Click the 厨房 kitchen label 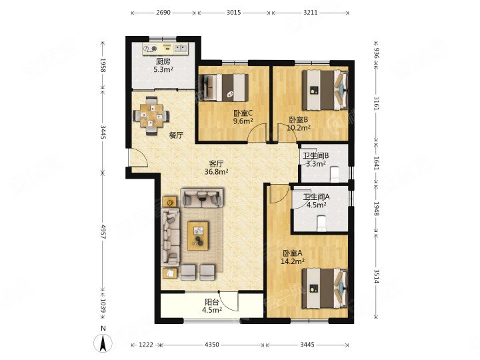pos(163,61)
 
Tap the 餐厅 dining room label pos(176,135)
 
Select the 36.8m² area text pos(217,172)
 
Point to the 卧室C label pos(243,113)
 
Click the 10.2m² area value pos(299,127)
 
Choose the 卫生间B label pos(316,156)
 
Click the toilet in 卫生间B pos(335,174)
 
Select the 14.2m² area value pos(293,261)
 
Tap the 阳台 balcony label pos(212,303)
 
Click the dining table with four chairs pos(151,116)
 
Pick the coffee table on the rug pos(198,236)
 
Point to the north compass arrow pos(103,343)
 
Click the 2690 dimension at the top pos(163,13)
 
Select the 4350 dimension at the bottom pos(211,345)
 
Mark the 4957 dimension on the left pos(103,232)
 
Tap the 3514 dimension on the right pos(376,277)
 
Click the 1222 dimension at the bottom pos(146,345)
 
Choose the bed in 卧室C pos(224,88)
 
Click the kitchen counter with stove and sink pos(165,49)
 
